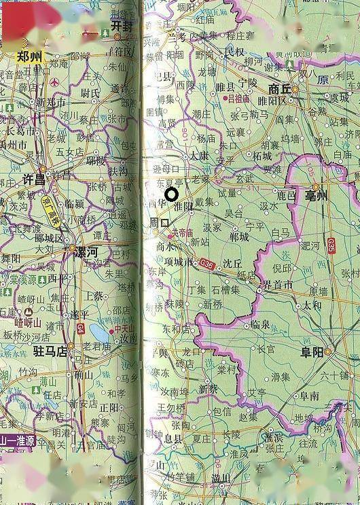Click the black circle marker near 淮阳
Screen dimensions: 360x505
tap(172, 194)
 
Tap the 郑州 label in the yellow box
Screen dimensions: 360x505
tap(30, 56)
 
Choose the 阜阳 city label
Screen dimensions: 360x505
tap(314, 351)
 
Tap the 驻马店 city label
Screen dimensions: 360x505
tap(52, 351)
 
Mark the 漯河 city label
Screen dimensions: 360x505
tap(90, 250)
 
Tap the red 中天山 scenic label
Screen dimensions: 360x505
tap(126, 330)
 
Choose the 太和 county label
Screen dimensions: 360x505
tap(312, 305)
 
